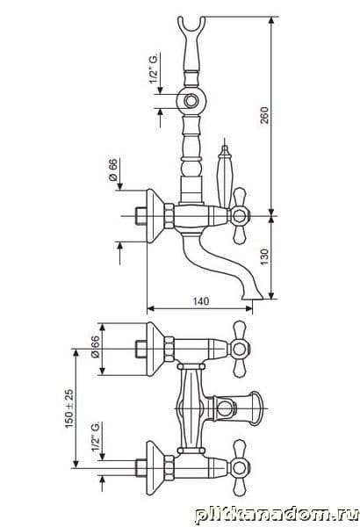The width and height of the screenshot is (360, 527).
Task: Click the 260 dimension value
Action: [x=265, y=115]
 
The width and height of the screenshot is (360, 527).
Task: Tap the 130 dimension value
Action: [x=265, y=256]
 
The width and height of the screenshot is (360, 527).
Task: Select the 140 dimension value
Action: [x=200, y=300]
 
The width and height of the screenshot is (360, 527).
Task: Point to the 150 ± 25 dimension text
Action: [x=68, y=408]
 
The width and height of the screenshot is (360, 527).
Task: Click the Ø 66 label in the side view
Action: [x=113, y=170]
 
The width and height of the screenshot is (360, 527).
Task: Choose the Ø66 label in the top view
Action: [x=96, y=347]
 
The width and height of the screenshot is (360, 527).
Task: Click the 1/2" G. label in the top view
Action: [x=96, y=437]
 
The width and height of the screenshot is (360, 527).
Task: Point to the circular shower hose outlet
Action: [x=191, y=101]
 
